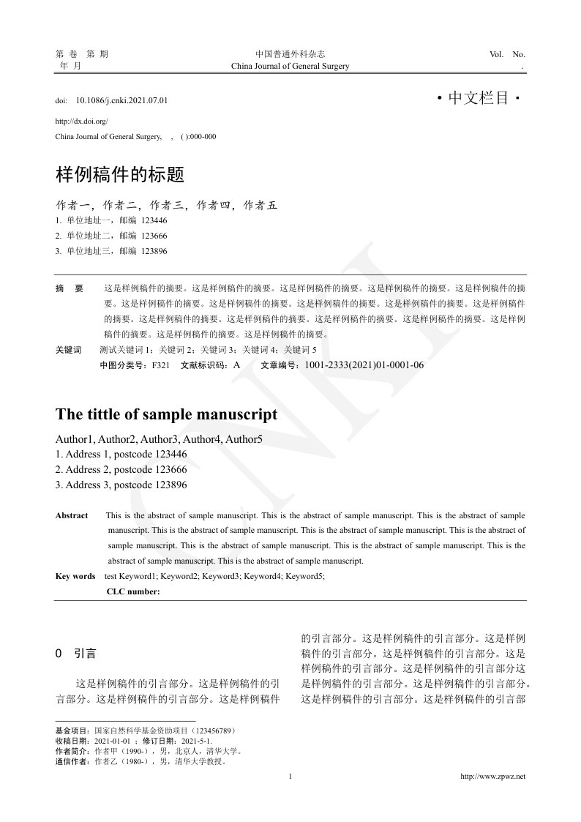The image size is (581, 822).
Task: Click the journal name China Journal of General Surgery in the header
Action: [x=290, y=66]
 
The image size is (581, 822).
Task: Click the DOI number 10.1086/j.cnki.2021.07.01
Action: [x=122, y=100]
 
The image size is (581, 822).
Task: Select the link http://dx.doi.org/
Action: [x=81, y=121]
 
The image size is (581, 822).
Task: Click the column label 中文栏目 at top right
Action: [x=478, y=97]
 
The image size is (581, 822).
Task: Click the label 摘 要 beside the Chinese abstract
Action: [x=70, y=288]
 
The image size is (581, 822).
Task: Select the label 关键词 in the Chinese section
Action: [x=69, y=350]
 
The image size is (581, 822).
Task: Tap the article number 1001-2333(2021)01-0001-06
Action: [x=364, y=365]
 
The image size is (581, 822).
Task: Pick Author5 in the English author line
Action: [x=244, y=440]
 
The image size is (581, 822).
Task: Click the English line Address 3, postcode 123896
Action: [x=121, y=485]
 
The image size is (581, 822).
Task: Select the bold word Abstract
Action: [x=72, y=516]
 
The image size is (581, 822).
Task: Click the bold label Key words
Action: [x=75, y=576]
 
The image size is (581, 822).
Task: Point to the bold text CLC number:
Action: [x=133, y=591]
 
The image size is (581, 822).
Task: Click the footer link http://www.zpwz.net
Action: [x=492, y=777]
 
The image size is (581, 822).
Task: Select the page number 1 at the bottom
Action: [x=290, y=777]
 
